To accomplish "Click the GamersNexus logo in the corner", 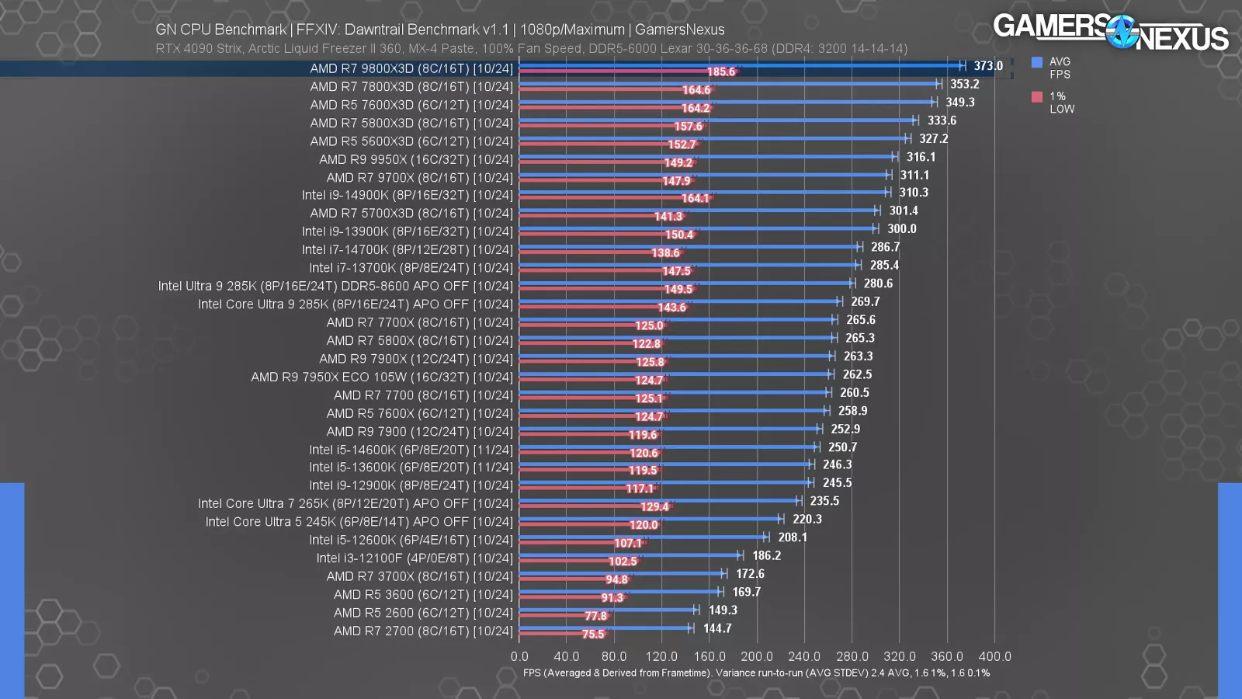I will pos(1111,32).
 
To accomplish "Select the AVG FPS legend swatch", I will pos(1037,62).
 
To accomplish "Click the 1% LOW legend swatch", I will pos(1037,97).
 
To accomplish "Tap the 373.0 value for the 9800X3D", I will pos(988,66).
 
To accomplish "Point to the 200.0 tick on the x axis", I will pos(757,657).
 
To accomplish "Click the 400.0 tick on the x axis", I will pos(994,657).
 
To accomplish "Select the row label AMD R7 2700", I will pos(423,631).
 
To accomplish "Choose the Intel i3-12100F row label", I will pos(415,558).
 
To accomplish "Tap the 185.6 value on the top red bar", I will pos(720,71).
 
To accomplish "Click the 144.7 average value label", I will pos(717,628).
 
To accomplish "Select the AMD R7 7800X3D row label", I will pos(411,87).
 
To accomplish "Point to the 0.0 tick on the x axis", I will pos(519,657).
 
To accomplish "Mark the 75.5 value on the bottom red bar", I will pos(593,634).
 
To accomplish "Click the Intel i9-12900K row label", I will pos(411,485).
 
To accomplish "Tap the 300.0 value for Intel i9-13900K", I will pos(901,229).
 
